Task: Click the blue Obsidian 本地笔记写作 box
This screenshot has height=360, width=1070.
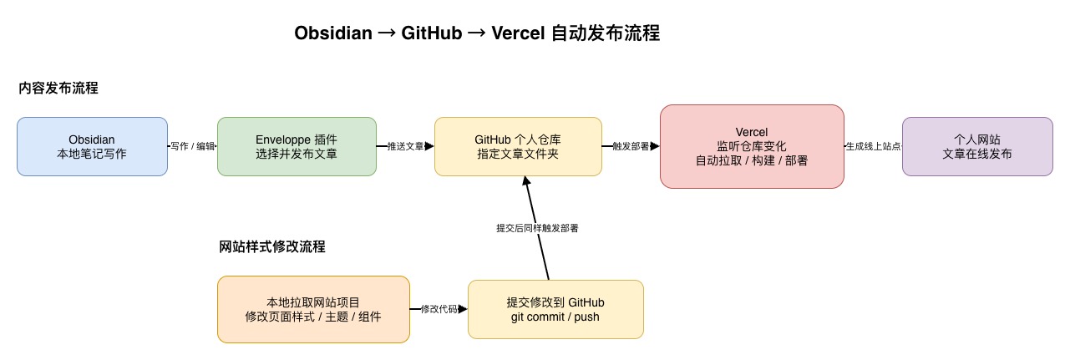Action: pyautogui.click(x=92, y=146)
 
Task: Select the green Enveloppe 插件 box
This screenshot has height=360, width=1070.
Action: pyautogui.click(x=297, y=146)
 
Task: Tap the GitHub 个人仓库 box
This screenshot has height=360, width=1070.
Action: pyautogui.click(x=518, y=146)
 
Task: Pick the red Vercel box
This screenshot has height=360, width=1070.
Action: pyautogui.click(x=752, y=146)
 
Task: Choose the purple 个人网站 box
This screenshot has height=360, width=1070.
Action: pyautogui.click(x=977, y=146)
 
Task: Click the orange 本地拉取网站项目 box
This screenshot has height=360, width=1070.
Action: pyautogui.click(x=313, y=309)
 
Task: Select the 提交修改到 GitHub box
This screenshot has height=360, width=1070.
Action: pyautogui.click(x=555, y=309)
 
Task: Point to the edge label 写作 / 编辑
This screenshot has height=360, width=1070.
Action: pyautogui.click(x=192, y=146)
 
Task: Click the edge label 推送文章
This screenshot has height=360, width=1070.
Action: pyautogui.click(x=406, y=146)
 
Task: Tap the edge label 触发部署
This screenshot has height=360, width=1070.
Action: pyautogui.click(x=631, y=146)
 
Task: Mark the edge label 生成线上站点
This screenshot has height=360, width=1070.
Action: pyautogui.click(x=873, y=146)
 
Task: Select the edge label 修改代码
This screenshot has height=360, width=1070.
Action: pyautogui.click(x=439, y=309)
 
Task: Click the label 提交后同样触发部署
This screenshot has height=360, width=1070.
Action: pyautogui.click(x=537, y=228)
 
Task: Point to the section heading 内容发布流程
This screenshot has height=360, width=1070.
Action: pyautogui.click(x=58, y=88)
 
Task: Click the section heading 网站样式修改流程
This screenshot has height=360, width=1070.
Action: pyautogui.click(x=272, y=247)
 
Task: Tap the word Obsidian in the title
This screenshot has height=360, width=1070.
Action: pyautogui.click(x=333, y=33)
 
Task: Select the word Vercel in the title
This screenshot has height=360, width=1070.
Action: pyautogui.click(x=518, y=33)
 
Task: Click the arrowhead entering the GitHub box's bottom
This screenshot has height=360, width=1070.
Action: pyautogui.click(x=526, y=180)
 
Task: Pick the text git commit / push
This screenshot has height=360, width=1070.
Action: pyautogui.click(x=555, y=317)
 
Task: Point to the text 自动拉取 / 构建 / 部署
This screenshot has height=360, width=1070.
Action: pyautogui.click(x=752, y=160)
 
